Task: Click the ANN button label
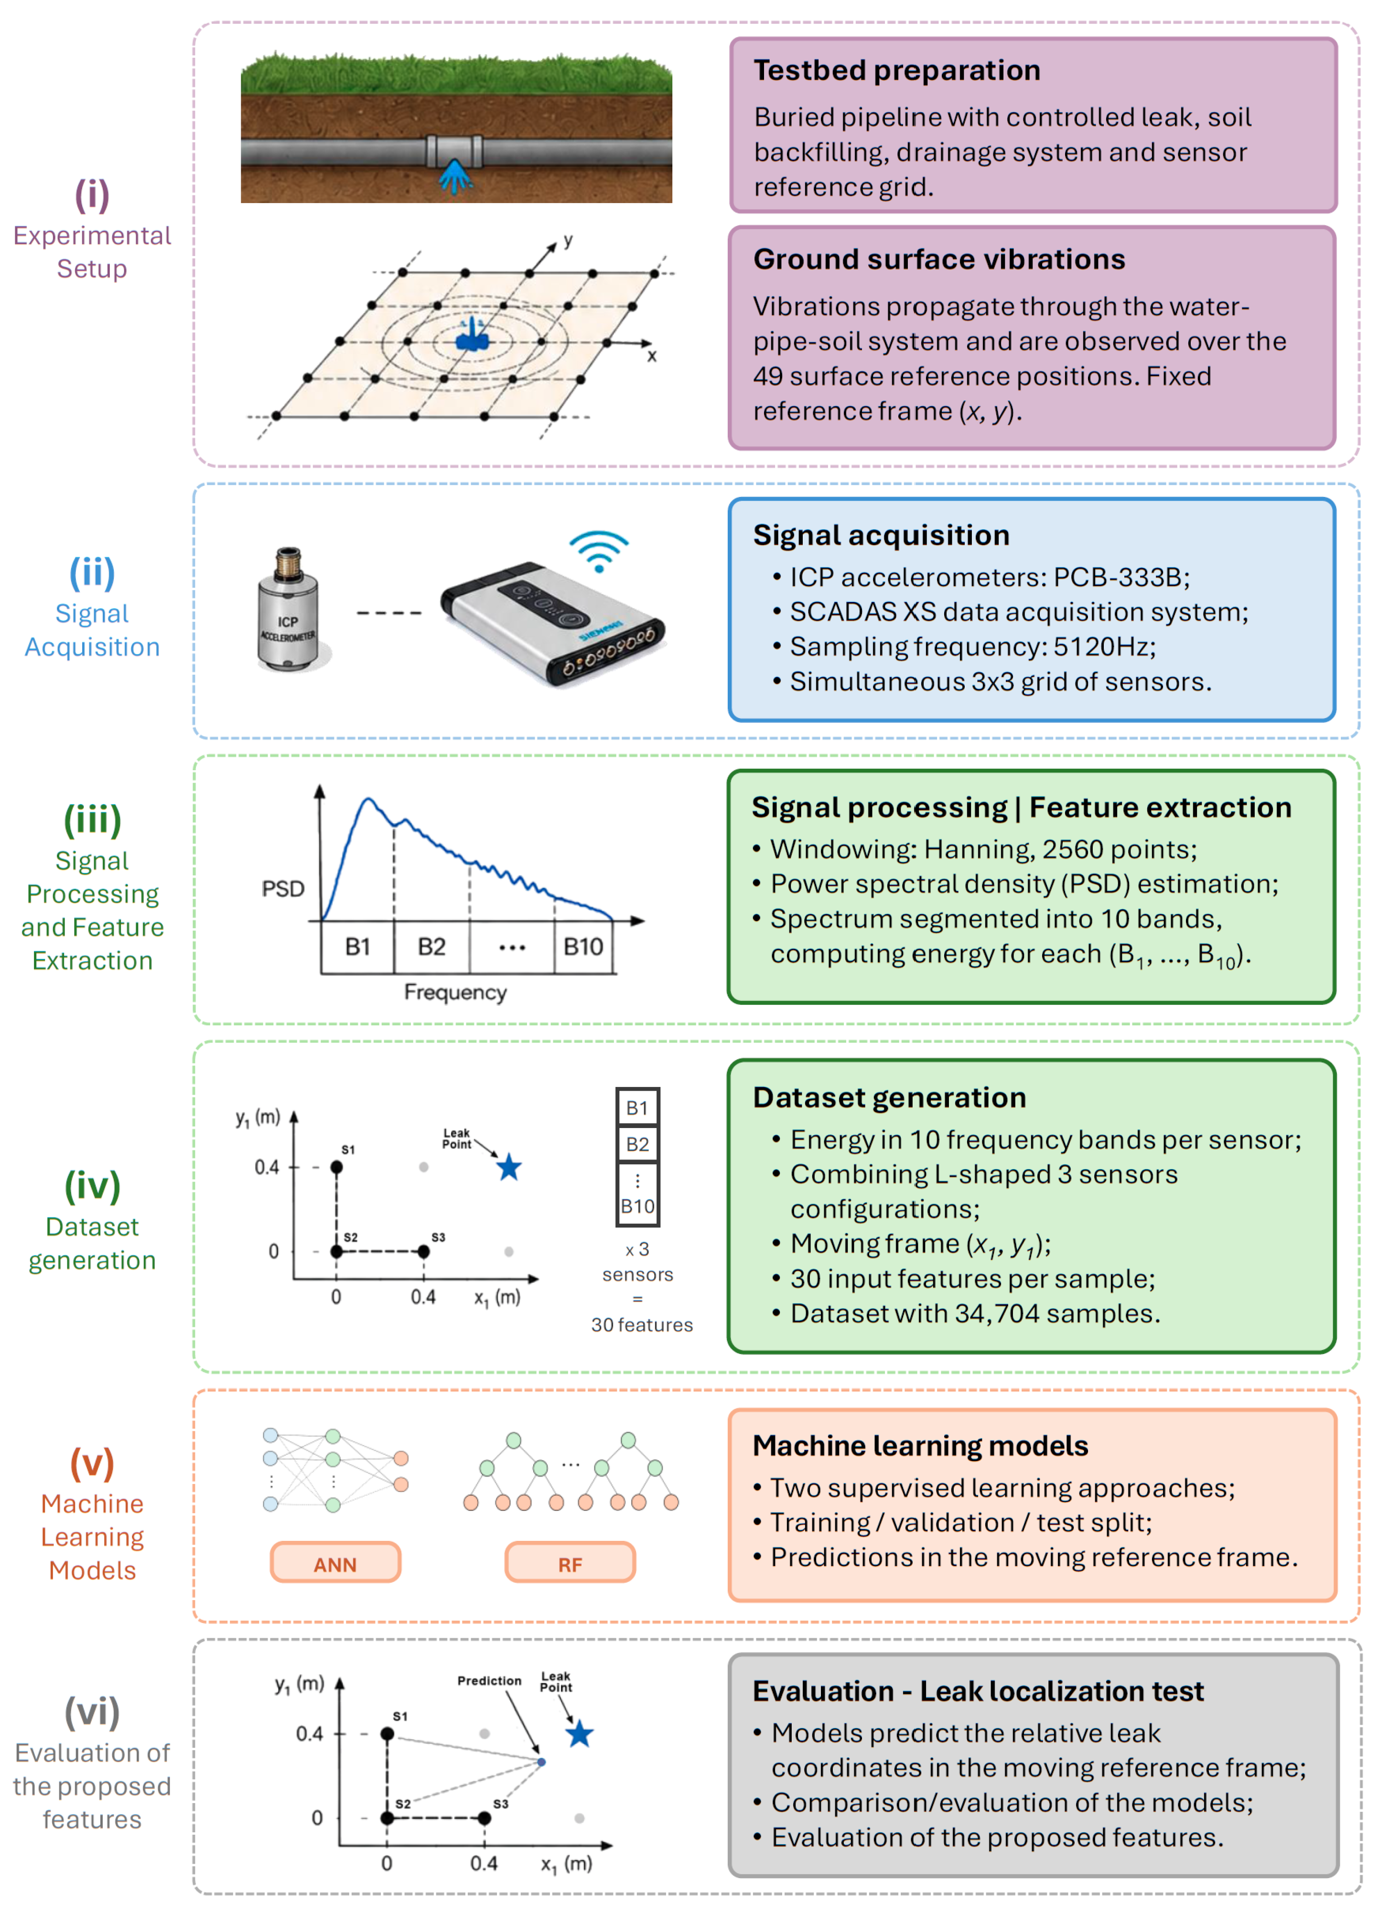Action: tap(335, 1565)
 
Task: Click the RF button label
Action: tap(570, 1565)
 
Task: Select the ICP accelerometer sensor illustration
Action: tap(289, 609)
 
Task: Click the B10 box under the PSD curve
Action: tap(583, 946)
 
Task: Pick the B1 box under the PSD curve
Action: tap(357, 946)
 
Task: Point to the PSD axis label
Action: tap(282, 889)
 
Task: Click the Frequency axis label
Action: tap(455, 992)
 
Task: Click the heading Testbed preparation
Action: tap(896, 70)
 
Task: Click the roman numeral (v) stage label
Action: tap(92, 1464)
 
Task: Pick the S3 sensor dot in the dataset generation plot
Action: tap(423, 1252)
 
